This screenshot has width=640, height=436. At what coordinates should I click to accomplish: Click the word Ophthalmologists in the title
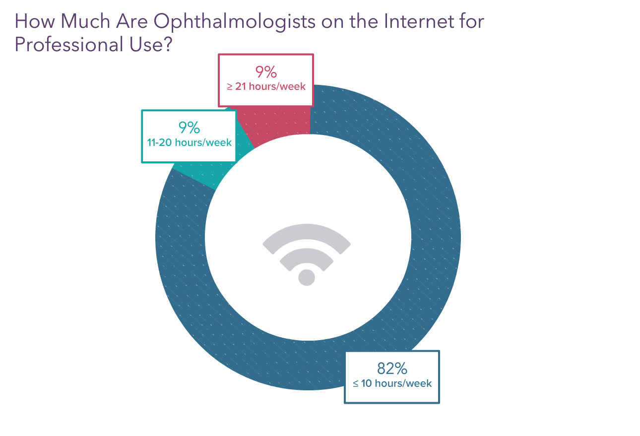(x=234, y=22)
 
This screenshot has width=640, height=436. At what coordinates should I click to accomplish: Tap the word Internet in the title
(x=419, y=21)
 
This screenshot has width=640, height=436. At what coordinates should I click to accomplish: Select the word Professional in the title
(x=68, y=45)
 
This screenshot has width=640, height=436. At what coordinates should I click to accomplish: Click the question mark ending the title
(x=169, y=44)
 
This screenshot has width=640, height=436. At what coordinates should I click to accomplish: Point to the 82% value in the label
(x=392, y=368)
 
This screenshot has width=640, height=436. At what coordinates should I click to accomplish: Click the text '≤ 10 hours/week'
(x=392, y=383)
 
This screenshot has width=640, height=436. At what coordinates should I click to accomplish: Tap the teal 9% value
(x=189, y=128)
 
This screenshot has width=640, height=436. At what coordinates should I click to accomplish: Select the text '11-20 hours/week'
(x=189, y=143)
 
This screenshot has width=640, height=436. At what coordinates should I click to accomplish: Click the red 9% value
(x=266, y=72)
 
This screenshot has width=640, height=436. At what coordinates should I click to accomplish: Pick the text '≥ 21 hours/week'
(x=266, y=86)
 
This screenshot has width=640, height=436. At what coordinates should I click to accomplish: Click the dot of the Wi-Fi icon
(x=307, y=277)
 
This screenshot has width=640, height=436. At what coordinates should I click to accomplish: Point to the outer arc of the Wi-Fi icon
(x=307, y=232)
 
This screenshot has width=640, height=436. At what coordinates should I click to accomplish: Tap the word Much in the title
(x=85, y=21)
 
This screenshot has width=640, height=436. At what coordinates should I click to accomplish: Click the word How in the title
(x=35, y=21)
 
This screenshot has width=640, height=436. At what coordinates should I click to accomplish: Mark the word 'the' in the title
(x=364, y=21)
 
